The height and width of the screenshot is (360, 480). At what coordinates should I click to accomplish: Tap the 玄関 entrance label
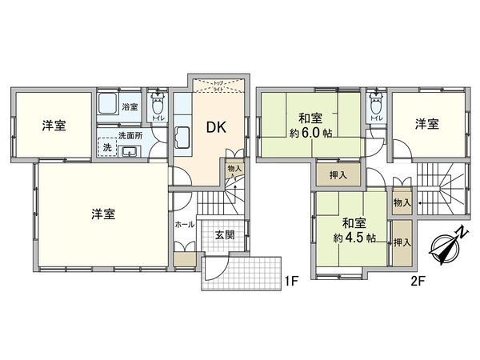(225, 236)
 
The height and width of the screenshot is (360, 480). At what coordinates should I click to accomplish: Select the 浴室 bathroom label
(129, 105)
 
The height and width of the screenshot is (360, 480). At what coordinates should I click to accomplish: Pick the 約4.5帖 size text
(349, 237)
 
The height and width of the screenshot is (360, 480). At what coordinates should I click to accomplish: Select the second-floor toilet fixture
(374, 107)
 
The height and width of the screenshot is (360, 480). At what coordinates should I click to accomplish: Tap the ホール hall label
(183, 226)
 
